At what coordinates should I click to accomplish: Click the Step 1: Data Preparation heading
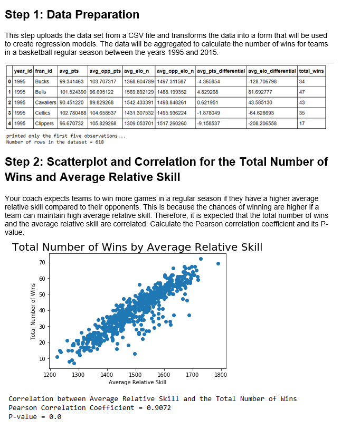click(72, 15)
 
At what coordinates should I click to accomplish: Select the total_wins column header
click(311, 71)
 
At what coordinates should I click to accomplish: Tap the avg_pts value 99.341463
click(72, 82)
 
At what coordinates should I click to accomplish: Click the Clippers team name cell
click(44, 123)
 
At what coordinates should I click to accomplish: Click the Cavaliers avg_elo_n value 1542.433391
click(138, 102)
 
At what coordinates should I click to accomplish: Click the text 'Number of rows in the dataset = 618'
click(55, 142)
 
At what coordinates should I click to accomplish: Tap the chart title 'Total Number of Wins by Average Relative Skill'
click(137, 247)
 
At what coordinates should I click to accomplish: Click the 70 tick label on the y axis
click(42, 262)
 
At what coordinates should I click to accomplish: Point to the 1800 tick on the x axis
click(221, 374)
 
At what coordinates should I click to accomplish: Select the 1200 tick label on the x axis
click(50, 374)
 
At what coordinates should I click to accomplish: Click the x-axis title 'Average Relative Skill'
click(137, 382)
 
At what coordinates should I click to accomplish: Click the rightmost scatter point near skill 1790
click(218, 263)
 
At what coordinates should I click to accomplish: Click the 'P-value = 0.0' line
click(35, 416)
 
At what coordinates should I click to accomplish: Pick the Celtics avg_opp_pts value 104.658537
click(105, 112)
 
